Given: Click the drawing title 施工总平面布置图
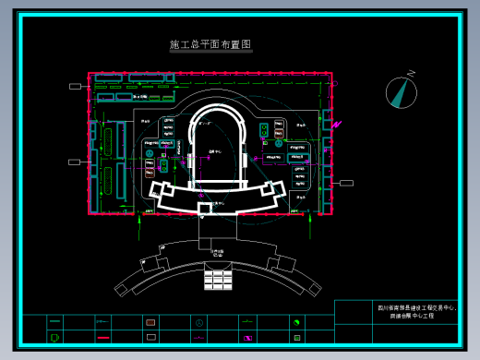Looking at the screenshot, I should [x=210, y=44].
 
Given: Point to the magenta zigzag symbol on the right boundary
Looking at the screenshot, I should [x=337, y=123].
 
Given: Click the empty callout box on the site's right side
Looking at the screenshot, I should [x=346, y=183].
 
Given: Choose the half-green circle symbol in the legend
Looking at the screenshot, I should [x=296, y=322].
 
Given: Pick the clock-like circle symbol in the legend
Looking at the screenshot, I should [x=198, y=322].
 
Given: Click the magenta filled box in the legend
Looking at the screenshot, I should [x=247, y=338].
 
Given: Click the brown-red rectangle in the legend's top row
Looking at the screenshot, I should [x=150, y=322].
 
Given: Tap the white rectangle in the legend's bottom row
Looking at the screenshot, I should [x=150, y=338].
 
